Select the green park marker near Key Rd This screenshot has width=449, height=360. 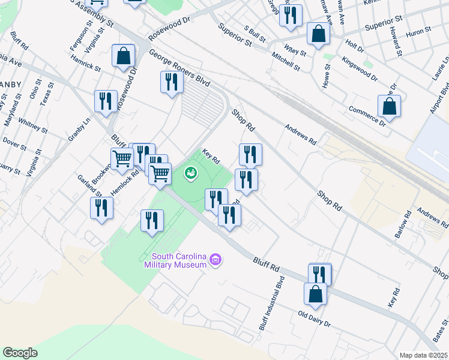(191, 173)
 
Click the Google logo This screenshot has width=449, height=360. (20, 353)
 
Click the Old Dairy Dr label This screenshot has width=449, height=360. (314, 317)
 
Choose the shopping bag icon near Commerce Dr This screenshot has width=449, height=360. (389, 107)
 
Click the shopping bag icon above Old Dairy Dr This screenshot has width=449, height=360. (315, 295)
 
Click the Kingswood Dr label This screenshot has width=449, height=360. (359, 69)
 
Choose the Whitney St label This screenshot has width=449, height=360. (32, 125)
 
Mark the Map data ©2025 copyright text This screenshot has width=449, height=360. (422, 355)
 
